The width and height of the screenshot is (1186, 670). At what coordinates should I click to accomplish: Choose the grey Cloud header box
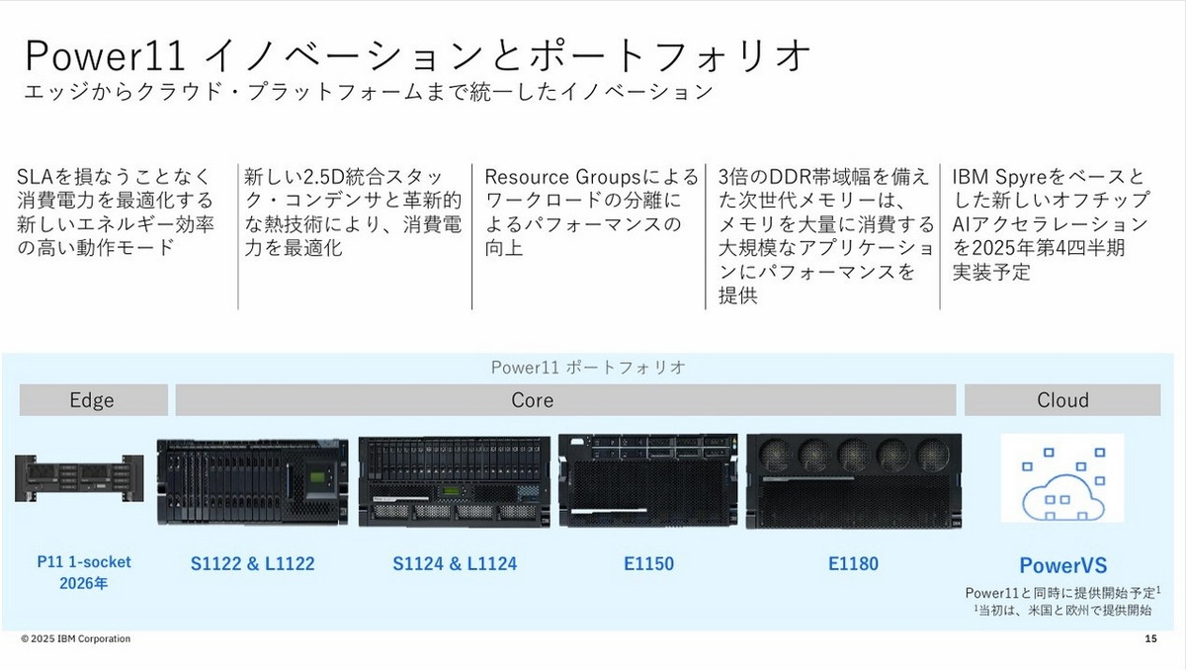pyautogui.click(x=1062, y=400)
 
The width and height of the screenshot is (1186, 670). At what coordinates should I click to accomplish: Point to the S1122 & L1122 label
pyautogui.click(x=252, y=564)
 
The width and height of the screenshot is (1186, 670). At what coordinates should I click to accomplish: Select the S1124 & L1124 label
pyautogui.click(x=454, y=564)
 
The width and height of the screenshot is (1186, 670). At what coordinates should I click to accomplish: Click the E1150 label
pyautogui.click(x=648, y=564)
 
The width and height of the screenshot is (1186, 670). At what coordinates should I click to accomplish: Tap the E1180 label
pyautogui.click(x=853, y=564)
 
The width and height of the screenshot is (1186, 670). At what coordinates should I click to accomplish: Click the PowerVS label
pyautogui.click(x=1062, y=566)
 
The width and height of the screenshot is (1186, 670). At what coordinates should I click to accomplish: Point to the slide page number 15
pyautogui.click(x=1149, y=639)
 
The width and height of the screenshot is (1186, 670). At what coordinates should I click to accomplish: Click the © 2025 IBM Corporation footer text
pyautogui.click(x=76, y=639)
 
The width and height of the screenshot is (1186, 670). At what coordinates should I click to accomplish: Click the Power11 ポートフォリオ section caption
pyautogui.click(x=589, y=367)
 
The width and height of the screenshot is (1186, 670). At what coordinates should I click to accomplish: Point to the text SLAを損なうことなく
pyautogui.click(x=115, y=178)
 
